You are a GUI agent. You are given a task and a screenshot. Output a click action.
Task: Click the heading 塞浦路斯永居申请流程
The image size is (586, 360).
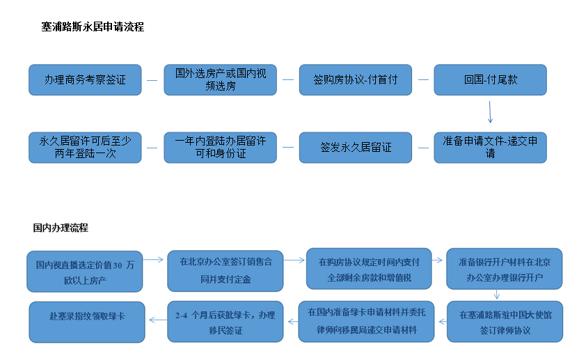[x=93, y=27]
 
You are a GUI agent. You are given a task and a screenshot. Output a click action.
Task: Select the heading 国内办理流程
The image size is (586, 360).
[x=61, y=228]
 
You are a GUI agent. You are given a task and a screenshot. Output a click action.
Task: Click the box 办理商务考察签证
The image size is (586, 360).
[x=85, y=79]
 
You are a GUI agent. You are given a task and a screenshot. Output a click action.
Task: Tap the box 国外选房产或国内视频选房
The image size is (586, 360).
[x=221, y=79]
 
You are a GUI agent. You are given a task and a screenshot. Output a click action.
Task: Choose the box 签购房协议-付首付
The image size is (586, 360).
[x=356, y=79]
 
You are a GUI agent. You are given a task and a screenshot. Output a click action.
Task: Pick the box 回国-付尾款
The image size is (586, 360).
[x=491, y=79]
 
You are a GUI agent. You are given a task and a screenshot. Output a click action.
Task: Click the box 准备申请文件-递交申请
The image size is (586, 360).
[x=491, y=148]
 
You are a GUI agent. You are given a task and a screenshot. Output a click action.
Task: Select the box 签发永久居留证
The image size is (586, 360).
[x=356, y=148]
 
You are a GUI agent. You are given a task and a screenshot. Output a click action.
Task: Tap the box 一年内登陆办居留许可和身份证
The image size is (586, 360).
[x=221, y=148]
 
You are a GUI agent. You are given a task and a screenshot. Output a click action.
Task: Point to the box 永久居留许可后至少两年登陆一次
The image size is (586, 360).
[x=85, y=148]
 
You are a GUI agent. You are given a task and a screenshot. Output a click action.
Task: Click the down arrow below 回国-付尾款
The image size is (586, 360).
[x=490, y=112]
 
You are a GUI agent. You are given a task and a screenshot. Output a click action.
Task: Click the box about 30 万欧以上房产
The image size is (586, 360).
[x=85, y=272]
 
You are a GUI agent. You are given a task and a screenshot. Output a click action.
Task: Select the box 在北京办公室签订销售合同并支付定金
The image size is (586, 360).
[x=225, y=271]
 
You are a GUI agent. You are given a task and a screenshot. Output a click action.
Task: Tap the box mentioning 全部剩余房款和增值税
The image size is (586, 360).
[x=369, y=269]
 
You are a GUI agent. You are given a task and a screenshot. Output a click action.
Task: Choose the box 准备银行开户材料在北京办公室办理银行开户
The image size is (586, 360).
[x=505, y=269]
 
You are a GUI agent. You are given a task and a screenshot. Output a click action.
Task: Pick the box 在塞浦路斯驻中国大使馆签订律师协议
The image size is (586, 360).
[x=505, y=322]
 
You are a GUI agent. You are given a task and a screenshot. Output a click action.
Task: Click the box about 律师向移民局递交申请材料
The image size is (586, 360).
[x=366, y=322]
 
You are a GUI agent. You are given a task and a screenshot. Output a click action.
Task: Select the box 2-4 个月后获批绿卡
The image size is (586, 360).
[x=225, y=322]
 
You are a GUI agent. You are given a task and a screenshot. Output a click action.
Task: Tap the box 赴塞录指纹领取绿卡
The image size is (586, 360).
[x=87, y=322]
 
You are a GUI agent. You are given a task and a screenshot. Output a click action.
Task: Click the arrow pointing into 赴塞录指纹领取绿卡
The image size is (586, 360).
[x=158, y=320]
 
